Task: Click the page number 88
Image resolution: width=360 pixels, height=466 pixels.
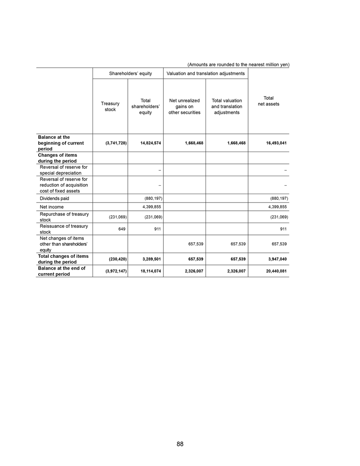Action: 180,444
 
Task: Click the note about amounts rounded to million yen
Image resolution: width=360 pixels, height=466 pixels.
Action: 235,65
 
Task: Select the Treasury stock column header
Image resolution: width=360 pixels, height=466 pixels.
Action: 110,106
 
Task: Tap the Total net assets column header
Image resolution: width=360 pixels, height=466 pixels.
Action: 269,101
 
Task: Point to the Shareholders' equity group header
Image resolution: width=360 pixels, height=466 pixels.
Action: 130,73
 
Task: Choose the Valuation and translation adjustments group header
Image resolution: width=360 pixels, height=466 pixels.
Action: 205,73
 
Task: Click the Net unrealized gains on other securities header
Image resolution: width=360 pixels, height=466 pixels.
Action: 184,107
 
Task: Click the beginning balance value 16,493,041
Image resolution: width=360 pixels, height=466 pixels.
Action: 275,143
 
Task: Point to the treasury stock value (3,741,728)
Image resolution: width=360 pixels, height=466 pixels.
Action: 115,143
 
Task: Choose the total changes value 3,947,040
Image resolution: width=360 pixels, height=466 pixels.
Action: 277,259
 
